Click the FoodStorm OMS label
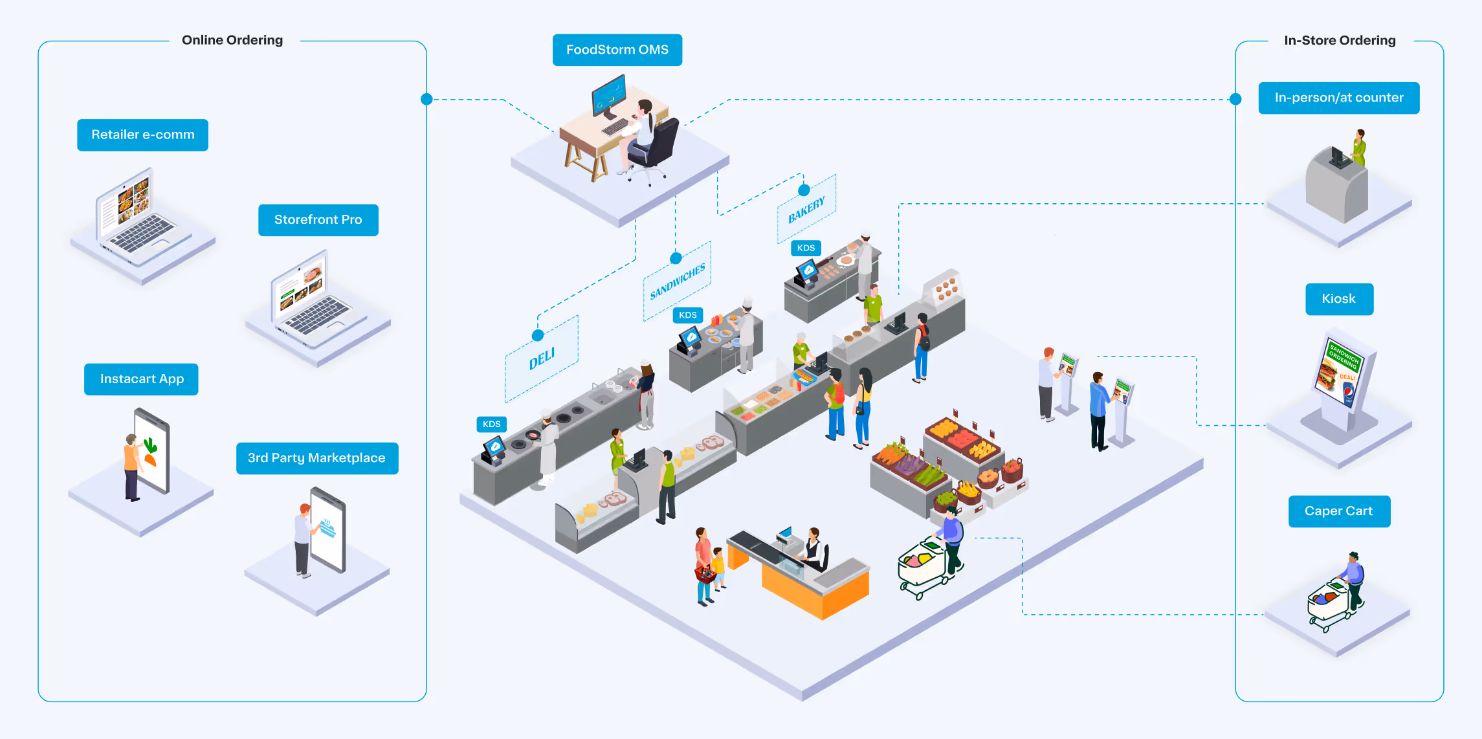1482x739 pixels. [x=617, y=50]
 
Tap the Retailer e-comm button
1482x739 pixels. [x=142, y=135]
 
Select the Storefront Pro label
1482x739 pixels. [x=318, y=220]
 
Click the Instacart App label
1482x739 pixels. [x=141, y=379]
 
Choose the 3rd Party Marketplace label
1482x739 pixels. [x=316, y=458]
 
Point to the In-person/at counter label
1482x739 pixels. [x=1338, y=98]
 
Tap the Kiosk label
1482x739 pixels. [x=1338, y=299]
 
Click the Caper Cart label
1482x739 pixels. [x=1338, y=511]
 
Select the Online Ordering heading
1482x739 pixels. [x=232, y=40]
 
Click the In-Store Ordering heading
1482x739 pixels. [x=1340, y=40]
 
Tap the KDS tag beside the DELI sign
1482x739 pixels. [x=491, y=424]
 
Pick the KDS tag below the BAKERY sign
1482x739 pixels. [x=806, y=248]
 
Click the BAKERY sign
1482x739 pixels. [x=806, y=209]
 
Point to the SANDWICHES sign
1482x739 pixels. [x=677, y=281]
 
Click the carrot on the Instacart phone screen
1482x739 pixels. [x=150, y=459]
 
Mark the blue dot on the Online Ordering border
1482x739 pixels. [x=426, y=99]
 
